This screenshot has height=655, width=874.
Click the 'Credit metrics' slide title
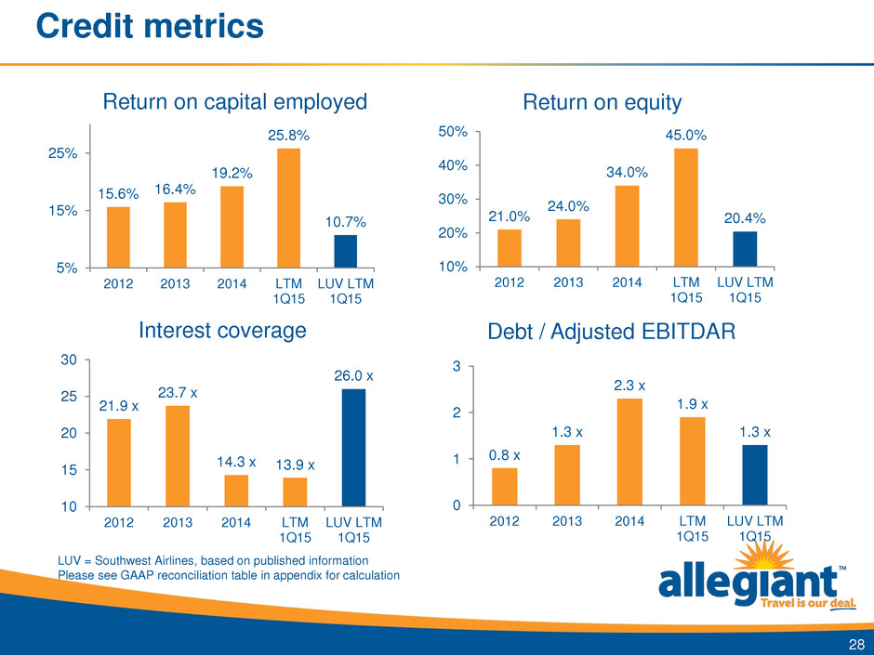[x=149, y=25]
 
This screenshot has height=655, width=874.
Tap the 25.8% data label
[x=288, y=136]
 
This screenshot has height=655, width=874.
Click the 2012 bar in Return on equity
[x=510, y=247]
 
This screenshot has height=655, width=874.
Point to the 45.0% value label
[x=686, y=136]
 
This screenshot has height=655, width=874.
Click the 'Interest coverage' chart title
[x=222, y=331]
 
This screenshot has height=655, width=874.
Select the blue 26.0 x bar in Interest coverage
[x=354, y=447]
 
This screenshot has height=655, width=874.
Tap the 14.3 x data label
[x=235, y=461]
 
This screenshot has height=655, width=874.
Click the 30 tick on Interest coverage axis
[x=70, y=360]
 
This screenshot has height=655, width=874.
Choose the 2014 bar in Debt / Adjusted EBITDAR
[x=629, y=452]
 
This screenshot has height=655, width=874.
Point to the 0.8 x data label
[x=504, y=455]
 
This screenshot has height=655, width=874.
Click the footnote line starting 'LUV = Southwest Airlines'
[x=214, y=560]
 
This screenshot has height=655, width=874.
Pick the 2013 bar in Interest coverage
[x=177, y=455]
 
